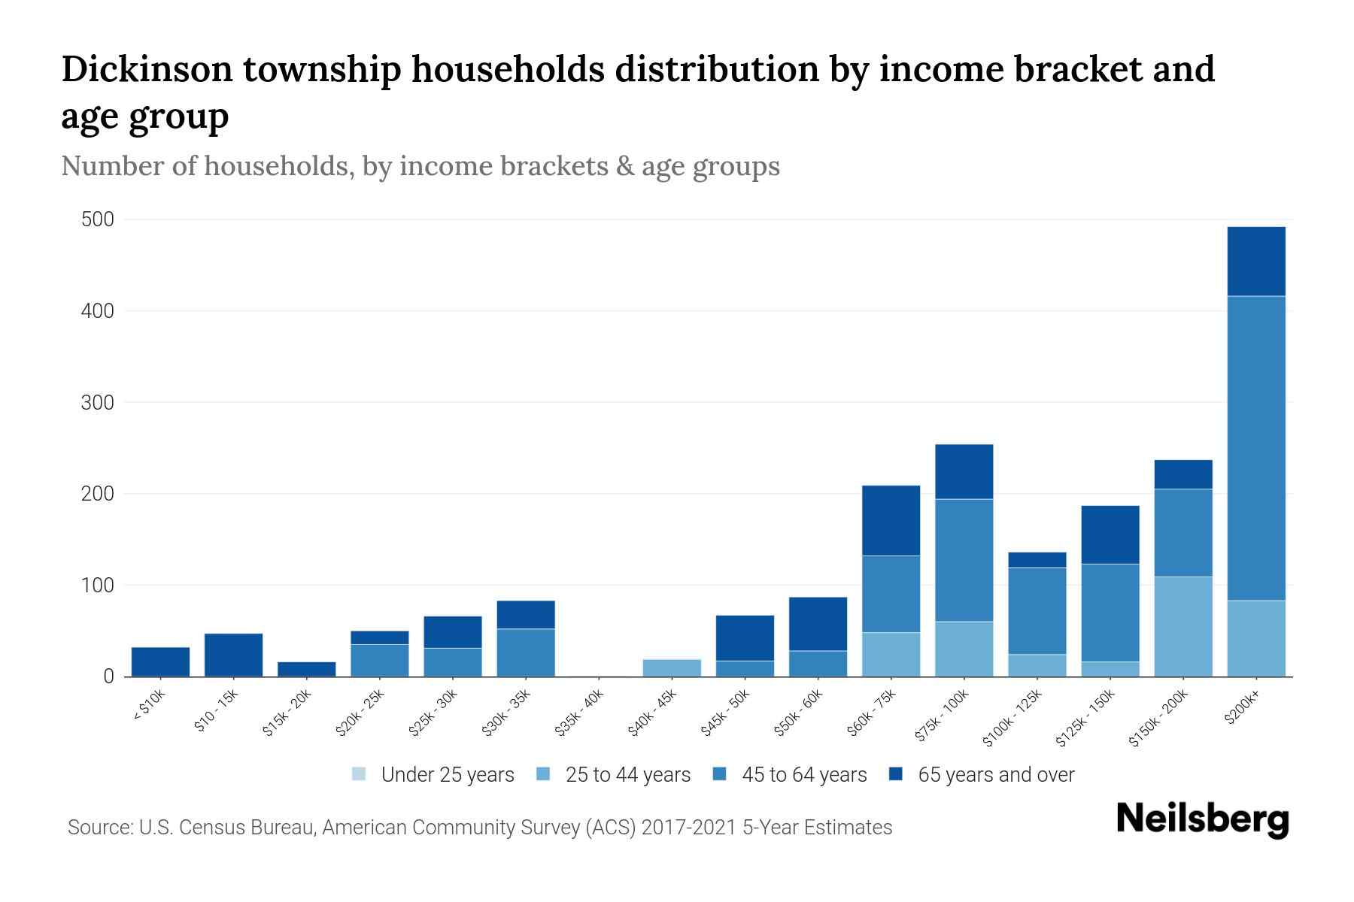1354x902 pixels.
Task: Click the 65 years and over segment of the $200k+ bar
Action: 1255,261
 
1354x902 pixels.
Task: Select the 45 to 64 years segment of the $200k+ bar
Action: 1255,448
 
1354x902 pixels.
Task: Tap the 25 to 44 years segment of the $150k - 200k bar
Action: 1182,626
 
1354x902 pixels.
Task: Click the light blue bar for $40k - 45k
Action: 673,667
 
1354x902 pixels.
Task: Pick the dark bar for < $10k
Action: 160,661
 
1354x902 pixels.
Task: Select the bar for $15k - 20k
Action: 306,669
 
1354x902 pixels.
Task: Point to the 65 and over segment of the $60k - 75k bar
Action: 891,520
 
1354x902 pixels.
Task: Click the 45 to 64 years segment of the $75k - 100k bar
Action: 964,560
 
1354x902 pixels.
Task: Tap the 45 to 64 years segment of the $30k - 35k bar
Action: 526,652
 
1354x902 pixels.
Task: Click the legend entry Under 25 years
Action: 447,775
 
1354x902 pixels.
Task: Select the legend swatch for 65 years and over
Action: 896,774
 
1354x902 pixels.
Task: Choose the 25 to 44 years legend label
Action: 627,775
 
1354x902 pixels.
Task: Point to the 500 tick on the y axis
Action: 98,219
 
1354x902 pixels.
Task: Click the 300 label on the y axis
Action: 98,403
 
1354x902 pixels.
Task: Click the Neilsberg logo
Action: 1202,819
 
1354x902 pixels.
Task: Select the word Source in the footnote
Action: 98,828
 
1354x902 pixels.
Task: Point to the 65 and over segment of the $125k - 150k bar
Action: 1110,534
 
